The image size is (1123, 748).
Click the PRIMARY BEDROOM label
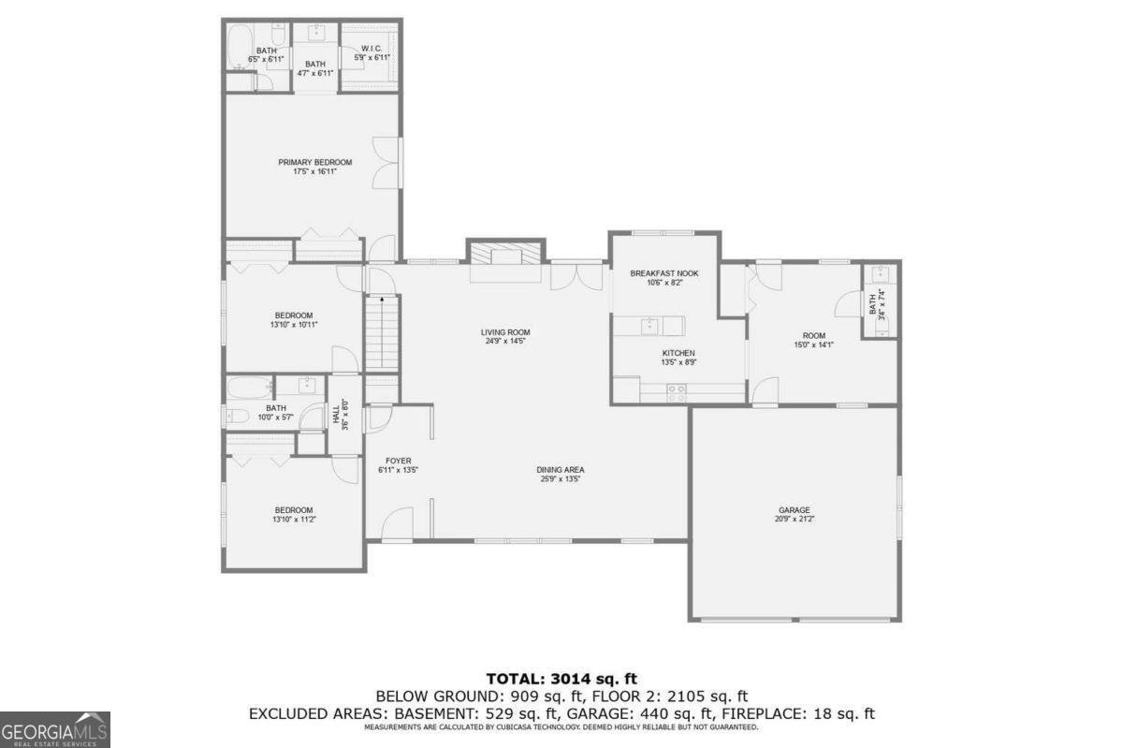314,162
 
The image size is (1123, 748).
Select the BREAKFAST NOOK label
664,273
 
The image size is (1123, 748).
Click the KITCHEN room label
678,353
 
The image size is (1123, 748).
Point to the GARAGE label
795,510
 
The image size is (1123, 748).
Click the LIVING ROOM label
505,332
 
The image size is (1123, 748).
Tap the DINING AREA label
561,470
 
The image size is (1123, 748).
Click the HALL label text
336,414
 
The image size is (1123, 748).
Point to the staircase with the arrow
382,332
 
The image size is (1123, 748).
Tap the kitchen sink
649,325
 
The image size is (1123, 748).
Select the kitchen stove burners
676,393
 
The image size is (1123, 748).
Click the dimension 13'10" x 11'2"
293,519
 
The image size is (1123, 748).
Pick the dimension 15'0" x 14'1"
813,345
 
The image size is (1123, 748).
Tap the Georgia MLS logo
55,728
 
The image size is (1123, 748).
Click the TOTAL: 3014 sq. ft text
561,678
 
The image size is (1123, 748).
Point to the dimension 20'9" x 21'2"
795,520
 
